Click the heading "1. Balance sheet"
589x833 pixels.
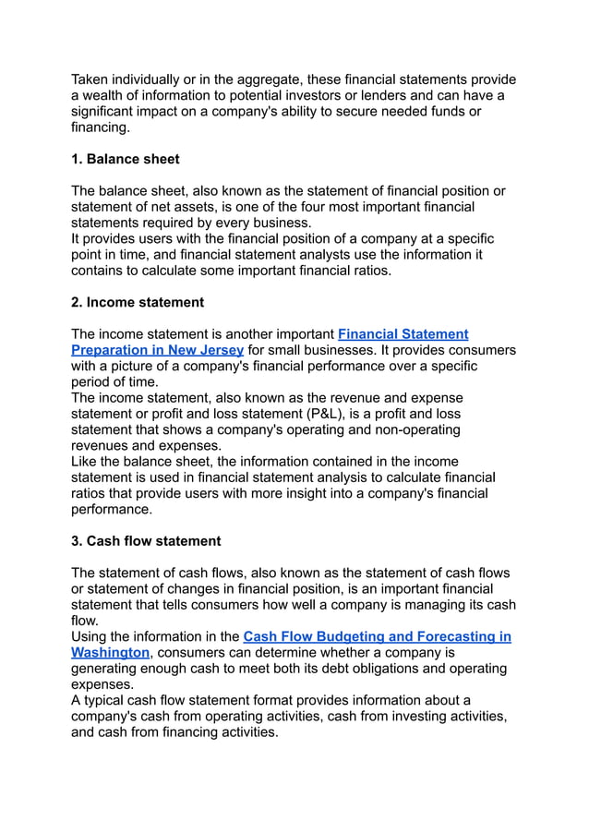coord(125,159)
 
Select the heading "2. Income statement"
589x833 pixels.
coord(138,302)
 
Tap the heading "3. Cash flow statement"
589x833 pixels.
coord(146,541)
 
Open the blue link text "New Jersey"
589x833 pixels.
coord(206,350)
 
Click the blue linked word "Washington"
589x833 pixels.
coord(110,652)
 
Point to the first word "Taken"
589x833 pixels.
coord(91,79)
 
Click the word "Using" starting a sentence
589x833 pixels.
coord(91,636)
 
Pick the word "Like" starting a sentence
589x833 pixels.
coord(86,461)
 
